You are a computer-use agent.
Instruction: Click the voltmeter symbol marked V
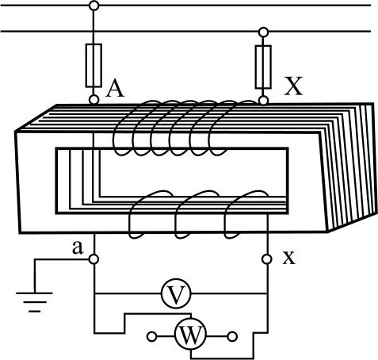(x=176, y=293)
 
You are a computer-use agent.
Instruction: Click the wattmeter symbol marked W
(x=190, y=336)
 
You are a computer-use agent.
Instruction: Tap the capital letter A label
(x=115, y=88)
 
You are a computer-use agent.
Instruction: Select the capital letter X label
(x=293, y=86)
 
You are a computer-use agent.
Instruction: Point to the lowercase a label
(x=78, y=247)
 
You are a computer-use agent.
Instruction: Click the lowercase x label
(x=288, y=257)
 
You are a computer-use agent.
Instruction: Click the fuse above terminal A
(x=94, y=66)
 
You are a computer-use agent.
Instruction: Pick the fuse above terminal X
(x=263, y=67)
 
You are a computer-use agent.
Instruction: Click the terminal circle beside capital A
(x=94, y=100)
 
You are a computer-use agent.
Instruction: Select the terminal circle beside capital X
(x=263, y=101)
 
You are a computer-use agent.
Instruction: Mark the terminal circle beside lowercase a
(x=94, y=259)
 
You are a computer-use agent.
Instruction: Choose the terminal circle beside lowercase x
(x=267, y=259)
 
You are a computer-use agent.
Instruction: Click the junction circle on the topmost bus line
(x=94, y=6)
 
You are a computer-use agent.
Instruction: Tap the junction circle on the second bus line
(x=263, y=33)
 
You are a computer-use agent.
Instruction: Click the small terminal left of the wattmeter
(x=152, y=337)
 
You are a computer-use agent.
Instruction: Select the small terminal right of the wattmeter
(x=232, y=337)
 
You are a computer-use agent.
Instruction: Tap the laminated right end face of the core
(x=349, y=167)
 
